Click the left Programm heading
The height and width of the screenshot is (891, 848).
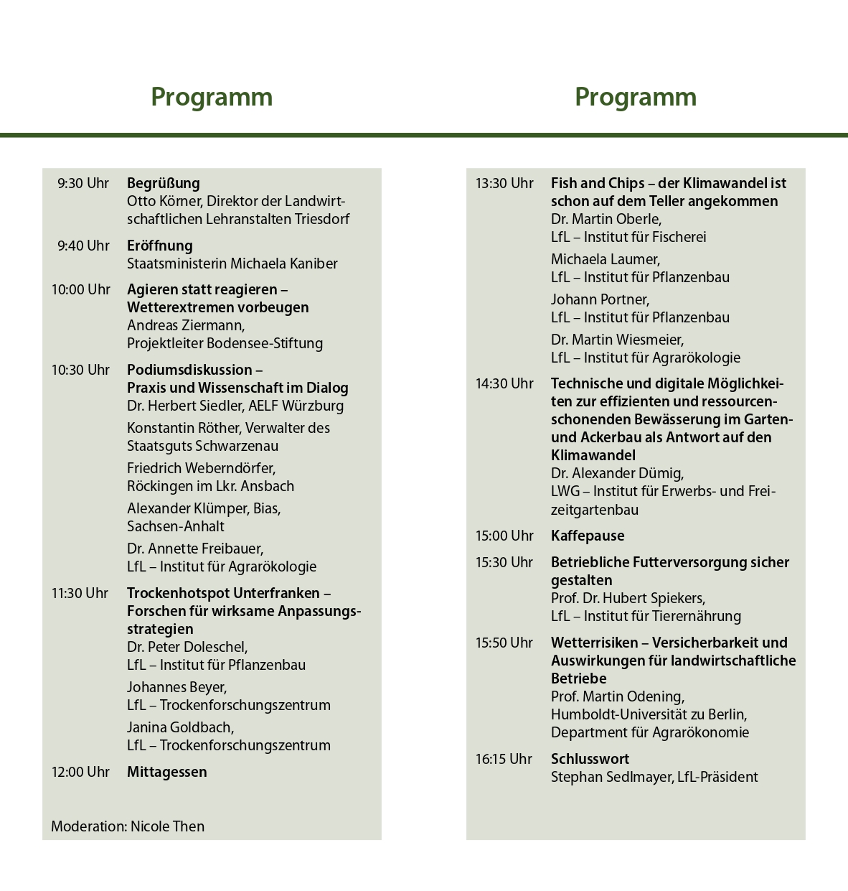(212, 97)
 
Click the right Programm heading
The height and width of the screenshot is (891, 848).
(636, 97)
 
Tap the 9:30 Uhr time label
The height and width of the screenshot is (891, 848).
(83, 184)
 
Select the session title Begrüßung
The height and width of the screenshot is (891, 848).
(164, 184)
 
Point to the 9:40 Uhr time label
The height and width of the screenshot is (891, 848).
(83, 246)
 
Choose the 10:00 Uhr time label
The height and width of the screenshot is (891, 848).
(81, 290)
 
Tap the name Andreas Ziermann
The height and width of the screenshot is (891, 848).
(185, 325)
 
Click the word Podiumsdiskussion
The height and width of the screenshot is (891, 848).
(189, 370)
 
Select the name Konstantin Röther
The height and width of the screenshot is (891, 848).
(184, 429)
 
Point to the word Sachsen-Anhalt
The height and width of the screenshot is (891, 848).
(176, 526)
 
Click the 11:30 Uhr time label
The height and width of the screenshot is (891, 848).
(80, 594)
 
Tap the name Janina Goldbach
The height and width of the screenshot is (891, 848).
(179, 727)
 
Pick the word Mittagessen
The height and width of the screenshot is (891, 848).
(167, 773)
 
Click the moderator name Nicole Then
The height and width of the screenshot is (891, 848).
(167, 826)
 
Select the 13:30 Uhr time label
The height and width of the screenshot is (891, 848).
(504, 184)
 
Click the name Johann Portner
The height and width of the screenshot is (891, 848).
(599, 299)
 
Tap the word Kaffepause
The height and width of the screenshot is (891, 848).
(588, 536)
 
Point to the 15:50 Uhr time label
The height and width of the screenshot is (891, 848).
(504, 643)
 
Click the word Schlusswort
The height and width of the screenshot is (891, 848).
(590, 760)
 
